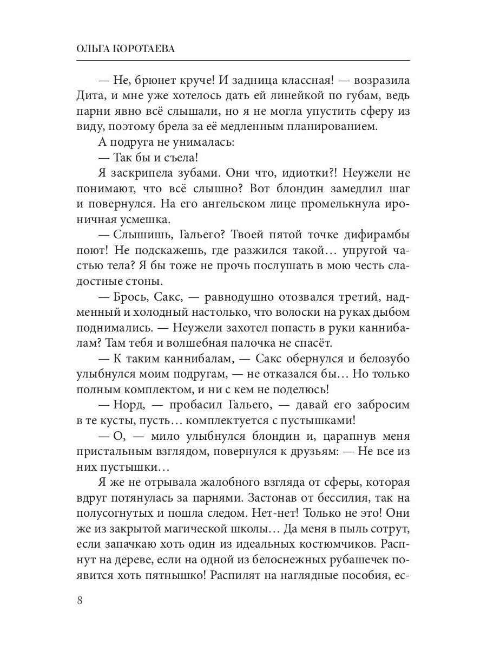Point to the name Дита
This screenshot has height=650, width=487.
coord(93,96)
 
